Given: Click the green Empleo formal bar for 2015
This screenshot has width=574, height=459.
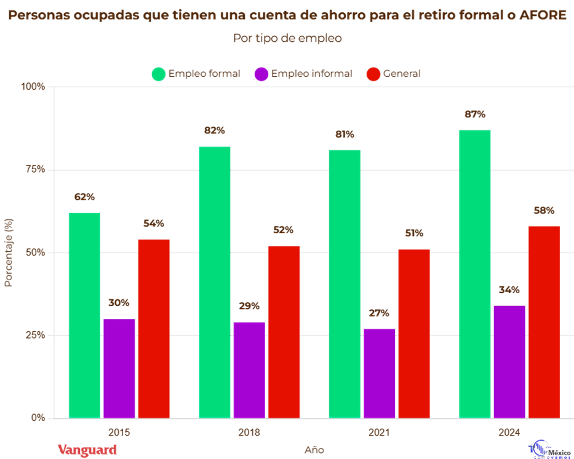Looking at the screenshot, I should [x=84, y=315].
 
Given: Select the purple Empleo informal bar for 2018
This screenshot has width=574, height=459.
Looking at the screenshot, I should [x=249, y=370].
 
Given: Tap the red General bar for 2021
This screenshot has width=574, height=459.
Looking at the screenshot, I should [x=413, y=334].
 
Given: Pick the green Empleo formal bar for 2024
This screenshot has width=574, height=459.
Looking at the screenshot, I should [x=474, y=274].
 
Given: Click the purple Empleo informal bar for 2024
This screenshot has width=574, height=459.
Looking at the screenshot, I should [x=509, y=361].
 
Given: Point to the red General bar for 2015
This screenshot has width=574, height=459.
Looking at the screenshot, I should [x=154, y=329].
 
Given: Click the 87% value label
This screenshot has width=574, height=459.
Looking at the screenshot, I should [x=476, y=114].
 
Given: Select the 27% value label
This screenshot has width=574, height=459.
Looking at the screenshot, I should [x=379, y=313].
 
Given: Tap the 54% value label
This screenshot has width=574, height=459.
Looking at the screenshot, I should [x=153, y=224].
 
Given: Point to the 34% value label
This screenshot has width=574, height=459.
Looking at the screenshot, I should [x=509, y=290].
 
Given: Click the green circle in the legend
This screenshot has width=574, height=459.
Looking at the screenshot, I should [x=159, y=74].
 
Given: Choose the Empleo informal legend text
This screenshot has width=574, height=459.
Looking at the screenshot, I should [x=311, y=74].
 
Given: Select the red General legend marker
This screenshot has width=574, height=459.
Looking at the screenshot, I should [x=373, y=74].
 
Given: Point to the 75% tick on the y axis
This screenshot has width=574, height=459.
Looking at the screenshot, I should [x=34, y=170].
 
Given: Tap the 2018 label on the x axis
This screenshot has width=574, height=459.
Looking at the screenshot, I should [x=249, y=432].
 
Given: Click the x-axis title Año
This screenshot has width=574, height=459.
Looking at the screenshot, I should [x=314, y=449].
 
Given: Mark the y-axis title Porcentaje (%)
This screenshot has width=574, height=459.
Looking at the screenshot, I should [x=9, y=253].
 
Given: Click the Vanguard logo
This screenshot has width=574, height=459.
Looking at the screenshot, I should [x=87, y=449].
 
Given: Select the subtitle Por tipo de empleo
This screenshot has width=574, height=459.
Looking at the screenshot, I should [x=287, y=38].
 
